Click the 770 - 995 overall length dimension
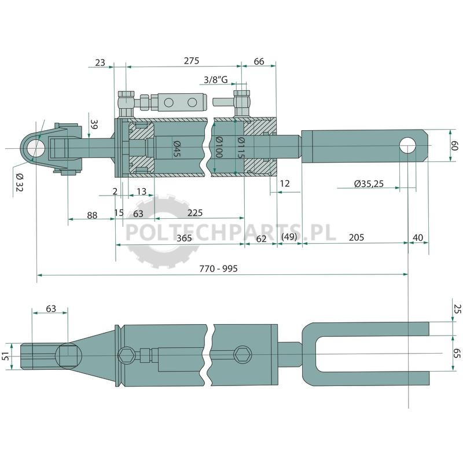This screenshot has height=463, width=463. [x=218, y=269]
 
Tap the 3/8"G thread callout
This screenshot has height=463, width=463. [x=216, y=79]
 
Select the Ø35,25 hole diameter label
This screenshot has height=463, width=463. [x=369, y=183]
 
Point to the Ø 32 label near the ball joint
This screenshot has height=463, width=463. [x=19, y=182]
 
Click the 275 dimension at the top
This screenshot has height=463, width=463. [x=192, y=61]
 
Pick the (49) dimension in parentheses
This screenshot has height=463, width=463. [x=289, y=237]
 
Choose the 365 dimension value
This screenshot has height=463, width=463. [x=184, y=238]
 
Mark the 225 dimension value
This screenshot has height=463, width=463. [x=195, y=212]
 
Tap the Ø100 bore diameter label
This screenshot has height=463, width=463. [x=219, y=147]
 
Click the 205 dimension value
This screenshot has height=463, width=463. [x=357, y=237]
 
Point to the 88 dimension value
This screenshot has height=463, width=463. [x=92, y=215]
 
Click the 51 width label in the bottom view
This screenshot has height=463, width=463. [x=5, y=357]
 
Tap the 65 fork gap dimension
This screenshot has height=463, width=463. [x=457, y=353]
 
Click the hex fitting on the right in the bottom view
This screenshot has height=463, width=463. [x=242, y=354]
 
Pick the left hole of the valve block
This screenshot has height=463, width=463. [x=169, y=102]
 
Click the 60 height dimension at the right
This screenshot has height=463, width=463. [x=454, y=145]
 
